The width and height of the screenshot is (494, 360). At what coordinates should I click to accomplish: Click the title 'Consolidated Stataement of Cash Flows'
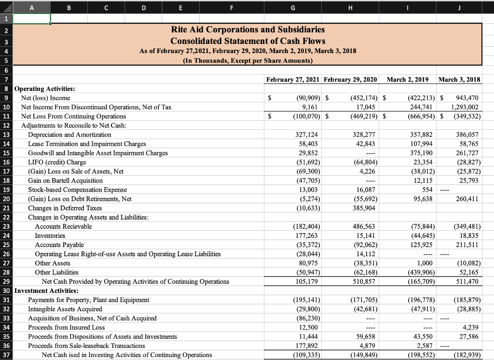coord(248,41)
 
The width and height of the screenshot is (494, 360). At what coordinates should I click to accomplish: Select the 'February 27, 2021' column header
coord(294,79)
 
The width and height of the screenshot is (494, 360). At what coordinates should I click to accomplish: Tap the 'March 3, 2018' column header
coord(460,79)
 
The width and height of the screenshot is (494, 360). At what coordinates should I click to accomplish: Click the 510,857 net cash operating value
coord(363,281)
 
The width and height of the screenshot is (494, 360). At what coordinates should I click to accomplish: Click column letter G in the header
coord(294,7)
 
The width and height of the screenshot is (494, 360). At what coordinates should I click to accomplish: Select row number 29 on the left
coord(6,281)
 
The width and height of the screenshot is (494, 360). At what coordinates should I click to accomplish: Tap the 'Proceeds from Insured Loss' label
coord(66,327)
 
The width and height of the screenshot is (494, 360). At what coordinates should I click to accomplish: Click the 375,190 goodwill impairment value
coord(422,153)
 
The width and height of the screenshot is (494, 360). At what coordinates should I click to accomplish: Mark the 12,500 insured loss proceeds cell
coord(308,327)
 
